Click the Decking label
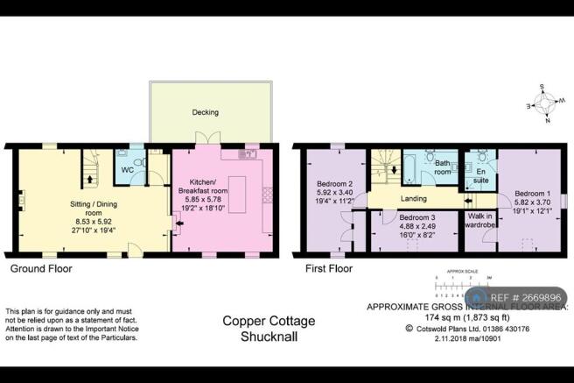coord(206,113)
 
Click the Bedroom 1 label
coord(533,193)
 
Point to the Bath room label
coord(444,167)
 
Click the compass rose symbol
coord(546,103)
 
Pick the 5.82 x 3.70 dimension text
coord(533,202)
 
